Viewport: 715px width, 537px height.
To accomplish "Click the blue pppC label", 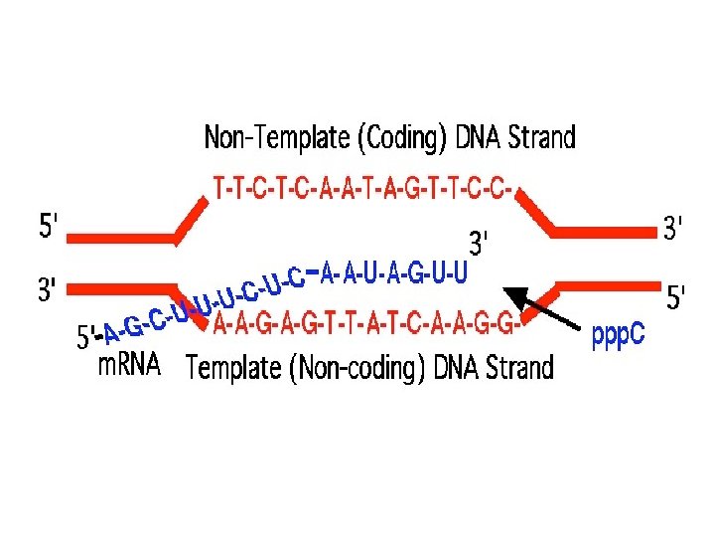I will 618,334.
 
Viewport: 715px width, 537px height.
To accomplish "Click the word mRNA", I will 129,365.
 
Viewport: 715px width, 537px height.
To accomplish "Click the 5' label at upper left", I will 48,228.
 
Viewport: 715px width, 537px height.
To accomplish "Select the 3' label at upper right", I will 672,230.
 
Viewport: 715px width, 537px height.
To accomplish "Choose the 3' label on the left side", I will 47,290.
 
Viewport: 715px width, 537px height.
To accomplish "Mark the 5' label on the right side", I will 675,296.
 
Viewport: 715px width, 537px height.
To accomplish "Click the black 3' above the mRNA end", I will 481,243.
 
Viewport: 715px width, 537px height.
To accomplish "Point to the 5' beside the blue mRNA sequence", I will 87,339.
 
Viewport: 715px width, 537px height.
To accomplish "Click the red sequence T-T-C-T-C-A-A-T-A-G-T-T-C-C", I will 364,186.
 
